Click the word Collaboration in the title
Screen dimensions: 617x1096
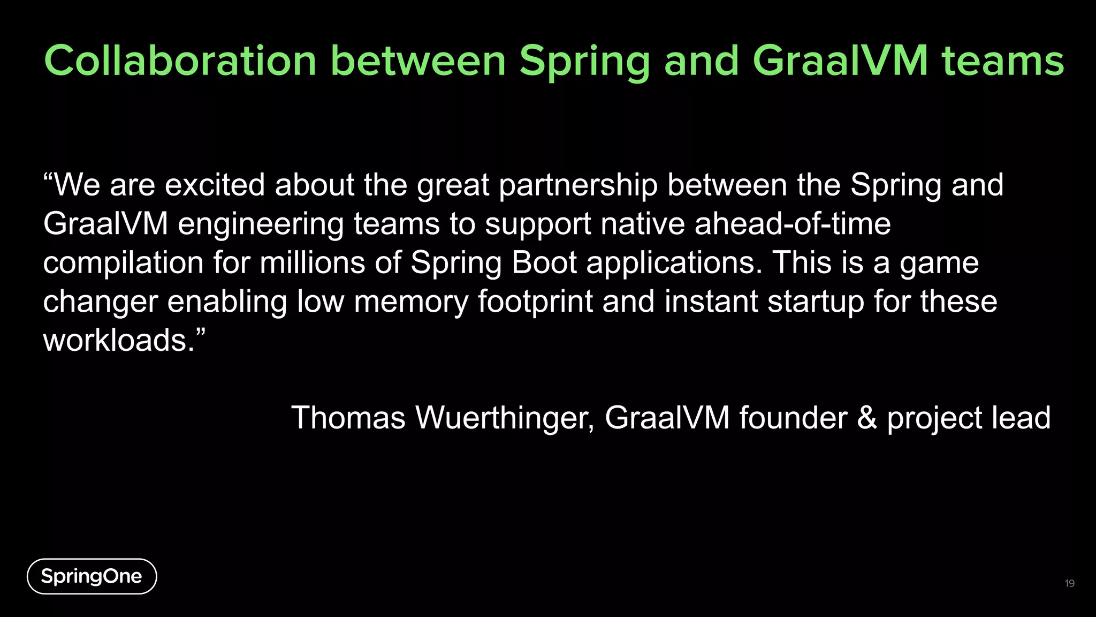tap(180, 61)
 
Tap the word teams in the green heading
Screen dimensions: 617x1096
tap(1002, 61)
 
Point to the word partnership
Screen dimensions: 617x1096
tap(578, 186)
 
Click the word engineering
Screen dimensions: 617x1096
tap(260, 225)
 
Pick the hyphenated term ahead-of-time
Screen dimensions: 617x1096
tap(793, 224)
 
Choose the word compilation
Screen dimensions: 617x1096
tap(123, 264)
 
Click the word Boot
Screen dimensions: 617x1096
tap(544, 263)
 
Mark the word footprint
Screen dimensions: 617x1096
tap(535, 302)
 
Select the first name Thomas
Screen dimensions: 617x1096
tap(348, 418)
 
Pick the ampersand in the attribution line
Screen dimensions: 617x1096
tap(867, 418)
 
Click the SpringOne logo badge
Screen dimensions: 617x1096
tap(92, 576)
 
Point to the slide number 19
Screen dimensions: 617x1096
tap(1069, 583)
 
